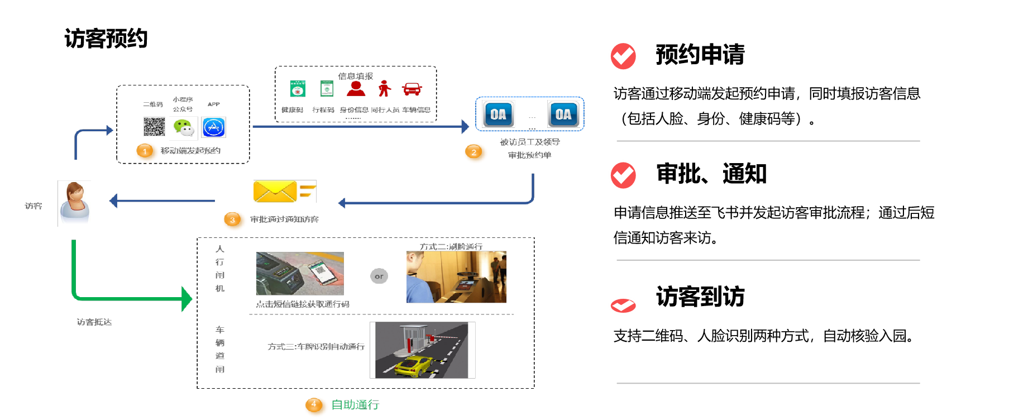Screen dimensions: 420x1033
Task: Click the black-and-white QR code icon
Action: [x=154, y=127]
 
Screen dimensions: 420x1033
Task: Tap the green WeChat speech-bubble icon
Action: [x=183, y=128]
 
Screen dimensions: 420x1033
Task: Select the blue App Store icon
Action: [x=213, y=127]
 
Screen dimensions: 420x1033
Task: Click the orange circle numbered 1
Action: [x=146, y=151]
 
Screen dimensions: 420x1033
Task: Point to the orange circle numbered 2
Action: [x=475, y=152]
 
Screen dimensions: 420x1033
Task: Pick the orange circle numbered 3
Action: [x=234, y=220]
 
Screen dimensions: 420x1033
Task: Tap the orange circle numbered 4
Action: [x=315, y=405]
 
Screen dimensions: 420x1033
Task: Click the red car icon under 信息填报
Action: [x=412, y=89]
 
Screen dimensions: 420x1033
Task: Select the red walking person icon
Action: [x=384, y=88]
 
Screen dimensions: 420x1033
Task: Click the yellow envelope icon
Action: [x=285, y=192]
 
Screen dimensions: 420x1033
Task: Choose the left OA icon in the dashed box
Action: [x=498, y=114]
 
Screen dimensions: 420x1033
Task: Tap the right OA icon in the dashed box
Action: [x=563, y=114]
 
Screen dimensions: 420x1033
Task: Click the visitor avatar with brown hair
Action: [x=74, y=203]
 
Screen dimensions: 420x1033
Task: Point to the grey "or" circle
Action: [x=379, y=276]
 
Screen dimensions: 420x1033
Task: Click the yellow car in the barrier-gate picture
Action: [x=413, y=366]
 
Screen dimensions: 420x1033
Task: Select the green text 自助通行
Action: [x=355, y=405]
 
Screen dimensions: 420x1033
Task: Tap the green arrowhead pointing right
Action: [x=187, y=299]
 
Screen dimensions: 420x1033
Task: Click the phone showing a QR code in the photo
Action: [x=320, y=272]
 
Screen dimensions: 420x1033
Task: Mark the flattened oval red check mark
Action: [x=623, y=306]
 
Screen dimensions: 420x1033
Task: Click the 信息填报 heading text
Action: [x=355, y=76]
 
